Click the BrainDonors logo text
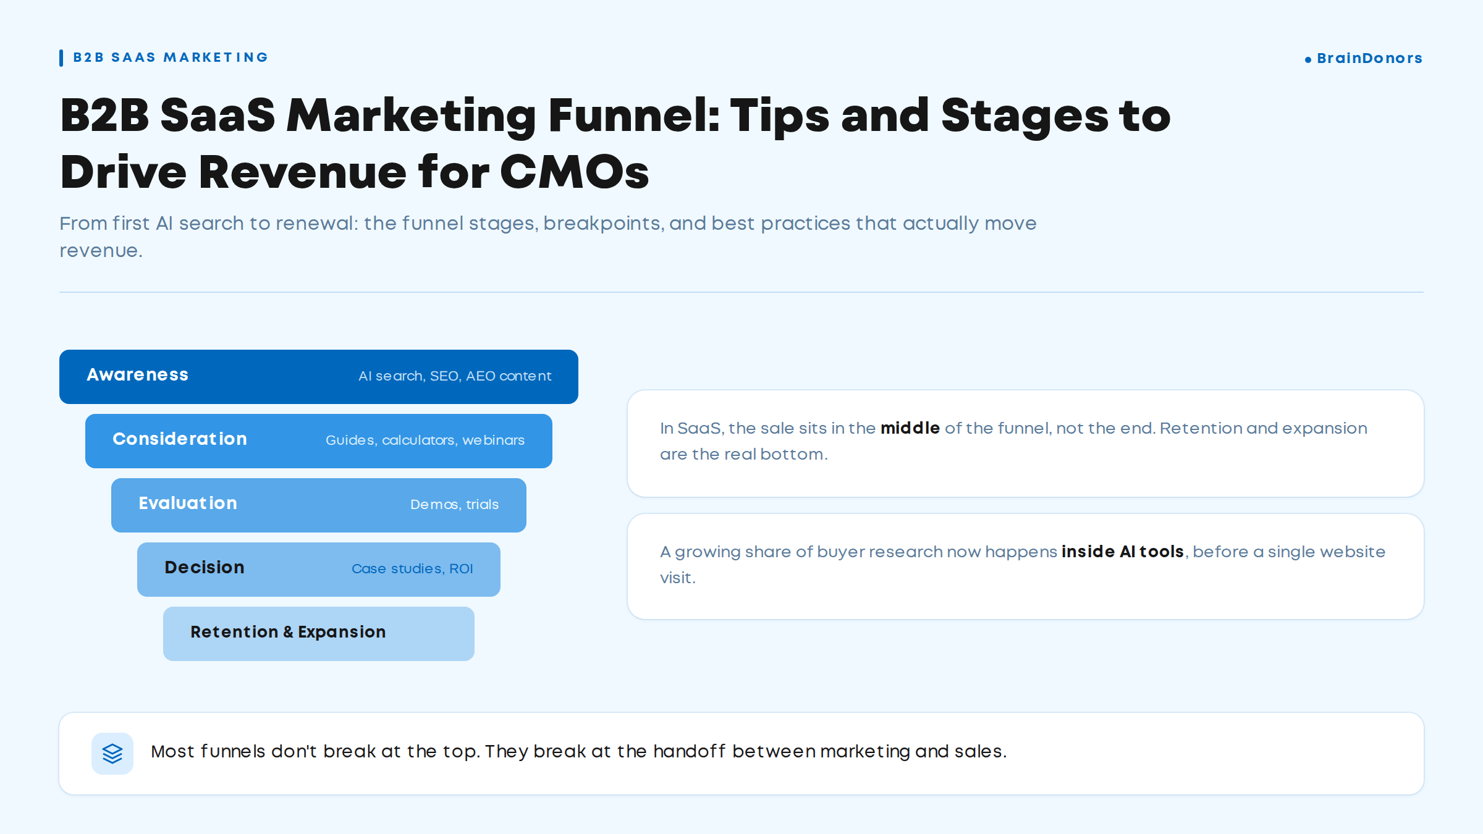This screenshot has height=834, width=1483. click(1369, 58)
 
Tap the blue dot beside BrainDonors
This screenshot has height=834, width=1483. click(1308, 60)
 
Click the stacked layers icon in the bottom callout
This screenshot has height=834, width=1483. click(112, 753)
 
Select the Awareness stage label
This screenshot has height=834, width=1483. click(137, 374)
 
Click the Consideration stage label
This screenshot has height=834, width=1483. click(180, 439)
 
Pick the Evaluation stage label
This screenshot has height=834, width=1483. click(188, 503)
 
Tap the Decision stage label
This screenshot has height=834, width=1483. click(205, 567)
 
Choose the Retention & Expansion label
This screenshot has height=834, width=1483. click(288, 632)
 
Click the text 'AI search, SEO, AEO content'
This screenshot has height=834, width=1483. click(455, 376)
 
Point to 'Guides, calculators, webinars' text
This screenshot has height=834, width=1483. click(425, 440)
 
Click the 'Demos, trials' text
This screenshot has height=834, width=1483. click(454, 505)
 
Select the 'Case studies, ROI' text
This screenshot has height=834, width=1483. click(412, 569)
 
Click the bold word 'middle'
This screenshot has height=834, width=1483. click(910, 428)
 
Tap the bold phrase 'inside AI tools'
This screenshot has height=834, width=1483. click(1123, 552)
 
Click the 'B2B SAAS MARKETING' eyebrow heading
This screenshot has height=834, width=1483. click(171, 57)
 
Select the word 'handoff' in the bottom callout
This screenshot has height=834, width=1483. click(690, 751)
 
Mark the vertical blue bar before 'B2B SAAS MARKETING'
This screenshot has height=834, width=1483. click(61, 58)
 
